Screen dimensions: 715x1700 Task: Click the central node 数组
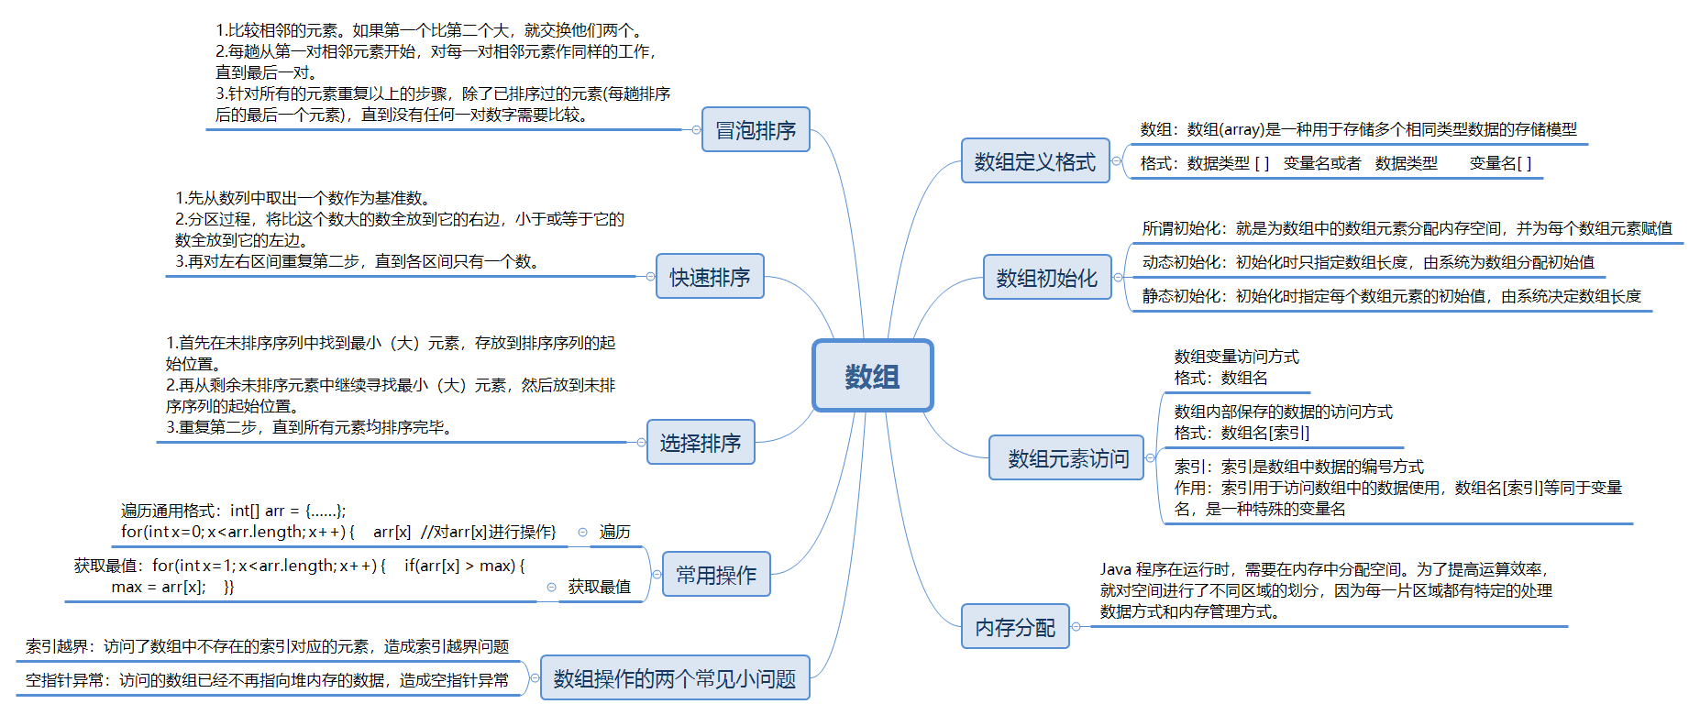872,376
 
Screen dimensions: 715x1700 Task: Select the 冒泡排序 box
756,130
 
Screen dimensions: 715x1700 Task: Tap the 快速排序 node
710,277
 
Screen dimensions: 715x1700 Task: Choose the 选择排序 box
701,443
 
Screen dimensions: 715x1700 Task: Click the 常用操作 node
716,575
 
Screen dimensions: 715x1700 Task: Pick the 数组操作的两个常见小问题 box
675,678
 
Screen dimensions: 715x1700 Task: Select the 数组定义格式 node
1034,161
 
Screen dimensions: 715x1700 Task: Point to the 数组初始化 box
1046,278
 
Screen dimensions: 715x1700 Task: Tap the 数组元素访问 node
1067,458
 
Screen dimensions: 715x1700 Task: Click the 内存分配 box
1015,627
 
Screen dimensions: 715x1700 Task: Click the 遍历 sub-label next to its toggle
615,533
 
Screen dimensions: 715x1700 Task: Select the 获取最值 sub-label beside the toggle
600,588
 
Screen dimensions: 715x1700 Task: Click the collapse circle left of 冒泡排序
696,130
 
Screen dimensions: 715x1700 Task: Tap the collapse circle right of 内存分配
1076,627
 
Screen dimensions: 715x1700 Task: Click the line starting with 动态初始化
1368,262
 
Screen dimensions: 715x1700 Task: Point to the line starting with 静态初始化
1391,296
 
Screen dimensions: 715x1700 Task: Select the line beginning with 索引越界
267,646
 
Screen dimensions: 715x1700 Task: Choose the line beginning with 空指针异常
267,680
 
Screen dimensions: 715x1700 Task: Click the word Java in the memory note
1115,569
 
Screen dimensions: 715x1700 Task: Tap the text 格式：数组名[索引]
1242,433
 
